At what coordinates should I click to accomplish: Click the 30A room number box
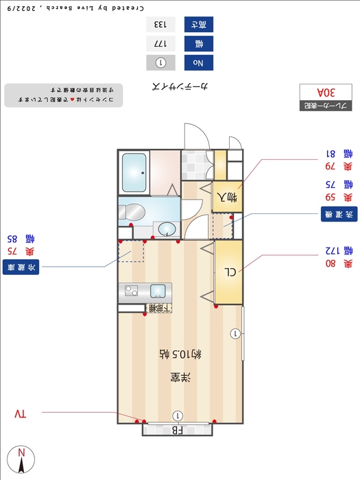click(x=326, y=92)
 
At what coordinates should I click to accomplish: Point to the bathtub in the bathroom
click(x=134, y=173)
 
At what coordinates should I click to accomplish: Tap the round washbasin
click(x=165, y=228)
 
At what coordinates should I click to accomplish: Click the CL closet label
click(x=230, y=272)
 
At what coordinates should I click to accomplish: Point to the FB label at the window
click(x=177, y=431)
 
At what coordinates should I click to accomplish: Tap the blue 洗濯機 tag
click(x=339, y=214)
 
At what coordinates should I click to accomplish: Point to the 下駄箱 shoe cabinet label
click(x=160, y=309)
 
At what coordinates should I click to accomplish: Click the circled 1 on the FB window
click(x=178, y=416)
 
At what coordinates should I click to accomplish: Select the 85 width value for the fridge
click(x=11, y=239)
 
